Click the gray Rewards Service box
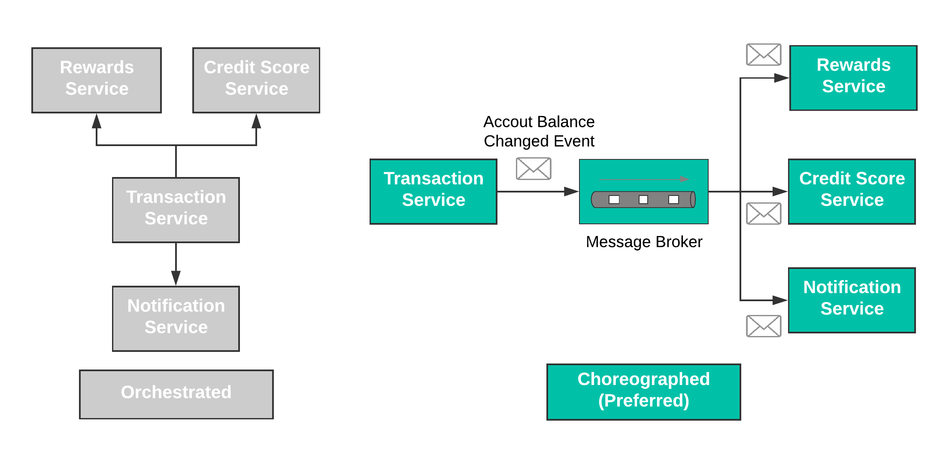(x=97, y=80)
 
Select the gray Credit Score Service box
(x=256, y=80)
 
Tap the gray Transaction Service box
(x=176, y=210)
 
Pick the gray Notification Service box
(x=176, y=319)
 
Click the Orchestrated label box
(x=176, y=394)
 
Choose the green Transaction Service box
(x=434, y=192)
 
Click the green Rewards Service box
(x=853, y=78)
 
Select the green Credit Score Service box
(x=852, y=192)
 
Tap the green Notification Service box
(x=852, y=300)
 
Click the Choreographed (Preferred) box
(x=643, y=392)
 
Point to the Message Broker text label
(x=644, y=242)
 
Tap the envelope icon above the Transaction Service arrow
(x=534, y=169)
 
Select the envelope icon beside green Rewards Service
(x=764, y=55)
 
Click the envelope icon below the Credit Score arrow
(x=764, y=214)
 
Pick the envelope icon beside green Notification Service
(x=764, y=326)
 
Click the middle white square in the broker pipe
(x=643, y=199)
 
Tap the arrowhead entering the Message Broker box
(x=571, y=192)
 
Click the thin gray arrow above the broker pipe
(x=643, y=179)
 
